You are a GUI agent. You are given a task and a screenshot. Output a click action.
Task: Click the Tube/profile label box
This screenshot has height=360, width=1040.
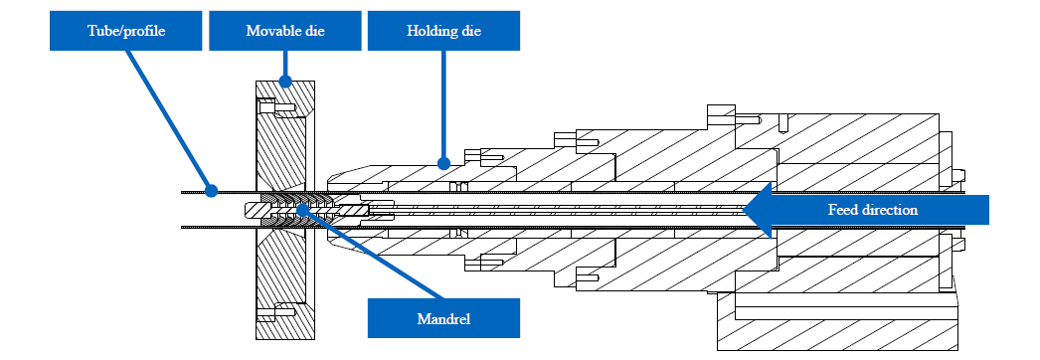click(x=125, y=31)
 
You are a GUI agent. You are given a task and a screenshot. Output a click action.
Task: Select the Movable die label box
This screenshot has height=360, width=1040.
click(x=285, y=31)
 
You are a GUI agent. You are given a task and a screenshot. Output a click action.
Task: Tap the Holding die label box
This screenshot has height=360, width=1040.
click(x=443, y=31)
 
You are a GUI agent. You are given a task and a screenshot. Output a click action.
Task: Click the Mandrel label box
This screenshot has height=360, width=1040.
click(x=443, y=318)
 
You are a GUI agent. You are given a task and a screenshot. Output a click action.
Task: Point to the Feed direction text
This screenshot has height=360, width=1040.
click(x=873, y=210)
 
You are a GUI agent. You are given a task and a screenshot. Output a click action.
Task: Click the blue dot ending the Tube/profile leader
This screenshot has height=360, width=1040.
click(x=211, y=191)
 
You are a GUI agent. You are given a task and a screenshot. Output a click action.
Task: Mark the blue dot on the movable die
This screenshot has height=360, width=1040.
click(x=285, y=82)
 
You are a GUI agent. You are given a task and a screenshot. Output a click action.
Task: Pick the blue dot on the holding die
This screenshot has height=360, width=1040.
click(x=443, y=162)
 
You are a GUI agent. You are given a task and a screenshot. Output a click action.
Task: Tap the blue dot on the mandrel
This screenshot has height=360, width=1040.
click(x=302, y=210)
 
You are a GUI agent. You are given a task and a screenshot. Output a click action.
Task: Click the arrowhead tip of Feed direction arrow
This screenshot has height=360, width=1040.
click(x=742, y=210)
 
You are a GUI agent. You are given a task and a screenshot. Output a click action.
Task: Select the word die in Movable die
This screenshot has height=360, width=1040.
click(x=314, y=31)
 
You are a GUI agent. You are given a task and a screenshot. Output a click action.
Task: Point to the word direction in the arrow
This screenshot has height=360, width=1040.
click(x=894, y=210)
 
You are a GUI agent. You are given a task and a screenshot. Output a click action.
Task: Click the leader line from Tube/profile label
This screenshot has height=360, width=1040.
click(x=168, y=120)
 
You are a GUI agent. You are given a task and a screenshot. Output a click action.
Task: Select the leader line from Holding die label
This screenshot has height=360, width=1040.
click(x=443, y=106)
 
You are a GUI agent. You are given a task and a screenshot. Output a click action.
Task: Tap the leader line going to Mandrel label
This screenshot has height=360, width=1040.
click(x=373, y=255)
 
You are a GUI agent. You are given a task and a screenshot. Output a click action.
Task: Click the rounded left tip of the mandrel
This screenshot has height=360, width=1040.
click(x=248, y=210)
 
